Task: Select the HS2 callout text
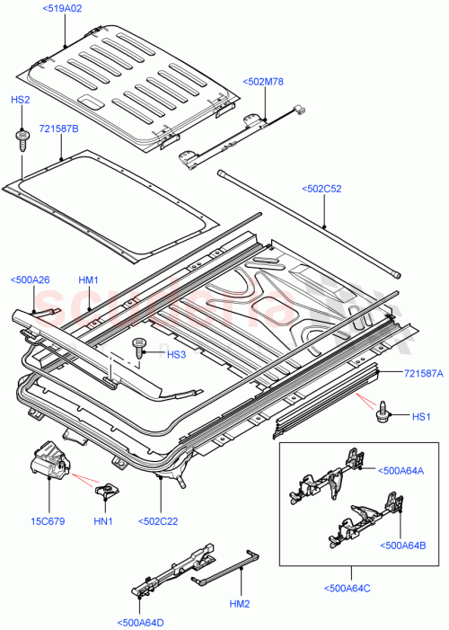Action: click(20, 101)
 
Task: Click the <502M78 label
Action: click(262, 83)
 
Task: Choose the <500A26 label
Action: click(30, 280)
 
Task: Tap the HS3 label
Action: click(176, 354)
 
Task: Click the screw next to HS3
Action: click(140, 348)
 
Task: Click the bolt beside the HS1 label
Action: click(383, 412)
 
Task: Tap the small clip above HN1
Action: click(107, 489)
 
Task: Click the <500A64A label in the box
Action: click(401, 470)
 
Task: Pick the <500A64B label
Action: click(401, 546)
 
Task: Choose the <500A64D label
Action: click(140, 623)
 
